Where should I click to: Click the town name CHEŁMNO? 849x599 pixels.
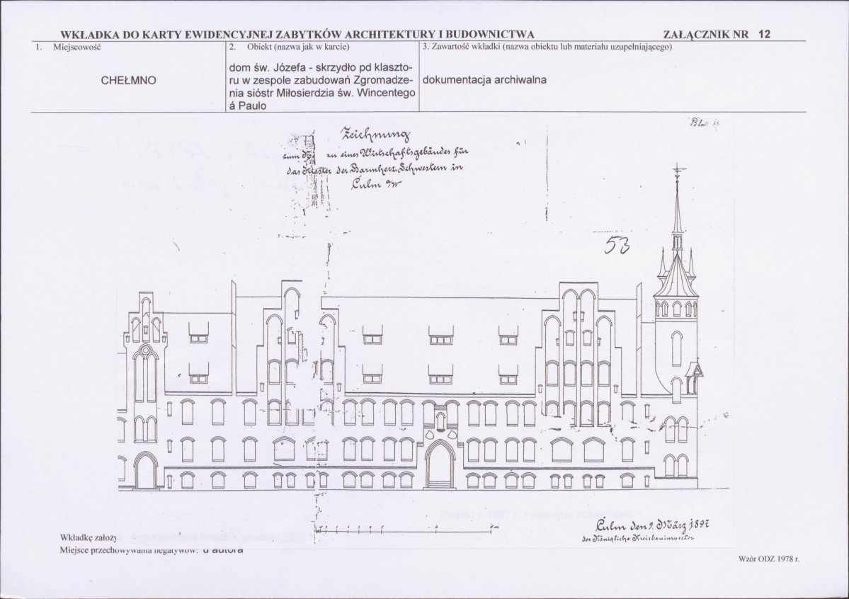click(x=130, y=80)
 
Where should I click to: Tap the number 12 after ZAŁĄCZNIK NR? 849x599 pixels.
click(x=764, y=33)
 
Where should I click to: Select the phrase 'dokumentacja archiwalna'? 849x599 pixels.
click(x=484, y=79)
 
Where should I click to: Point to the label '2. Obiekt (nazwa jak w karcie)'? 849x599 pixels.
click(x=290, y=47)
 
